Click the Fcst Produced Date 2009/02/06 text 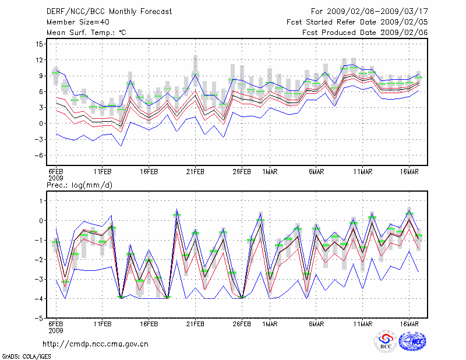365,33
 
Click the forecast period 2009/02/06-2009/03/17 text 369,11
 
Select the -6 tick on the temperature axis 38,156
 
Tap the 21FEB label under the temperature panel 195,172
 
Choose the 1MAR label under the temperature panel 270,172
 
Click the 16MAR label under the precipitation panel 409,323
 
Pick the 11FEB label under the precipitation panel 103,323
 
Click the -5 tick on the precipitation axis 38,319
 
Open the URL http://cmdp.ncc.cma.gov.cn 96,344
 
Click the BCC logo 386,342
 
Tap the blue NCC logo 412,342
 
